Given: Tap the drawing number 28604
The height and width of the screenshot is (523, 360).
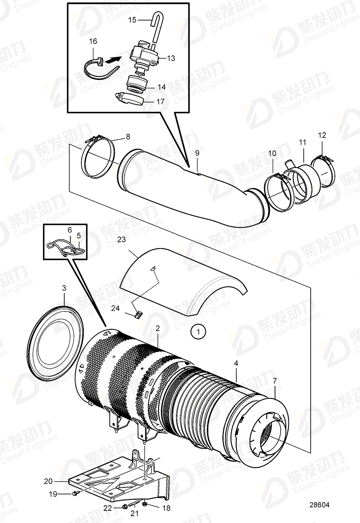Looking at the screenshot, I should (319, 505).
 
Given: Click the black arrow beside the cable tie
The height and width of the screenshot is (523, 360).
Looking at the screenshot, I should (114, 60).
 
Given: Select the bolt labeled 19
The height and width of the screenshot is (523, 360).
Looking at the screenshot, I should (76, 493).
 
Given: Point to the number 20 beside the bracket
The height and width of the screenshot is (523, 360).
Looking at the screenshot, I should (48, 481).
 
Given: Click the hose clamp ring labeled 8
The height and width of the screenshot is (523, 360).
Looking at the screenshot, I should (98, 158).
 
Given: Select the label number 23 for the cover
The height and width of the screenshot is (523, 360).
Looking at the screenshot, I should (122, 239).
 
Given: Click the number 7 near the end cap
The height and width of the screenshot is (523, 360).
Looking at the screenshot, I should (275, 380).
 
